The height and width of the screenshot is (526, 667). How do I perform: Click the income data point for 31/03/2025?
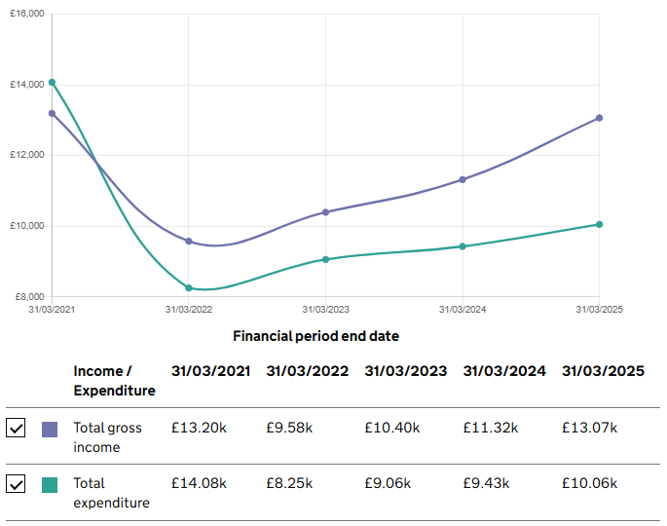click(x=599, y=118)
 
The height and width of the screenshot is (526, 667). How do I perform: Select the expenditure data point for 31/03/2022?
click(x=189, y=288)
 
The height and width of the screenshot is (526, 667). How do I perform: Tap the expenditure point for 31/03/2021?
click(x=52, y=83)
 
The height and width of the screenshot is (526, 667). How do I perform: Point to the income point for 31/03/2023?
click(x=325, y=211)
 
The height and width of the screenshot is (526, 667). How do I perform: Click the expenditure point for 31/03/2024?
click(x=463, y=246)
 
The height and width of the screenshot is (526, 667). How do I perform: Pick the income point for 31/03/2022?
click(x=189, y=242)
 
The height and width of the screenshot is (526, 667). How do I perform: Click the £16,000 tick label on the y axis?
click(x=27, y=14)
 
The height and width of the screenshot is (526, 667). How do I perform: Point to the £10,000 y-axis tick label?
click(x=27, y=226)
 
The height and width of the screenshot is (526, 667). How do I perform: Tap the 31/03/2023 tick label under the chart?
click(x=325, y=310)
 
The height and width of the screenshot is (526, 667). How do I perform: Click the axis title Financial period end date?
click(x=315, y=336)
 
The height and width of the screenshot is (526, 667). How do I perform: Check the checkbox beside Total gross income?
click(x=16, y=429)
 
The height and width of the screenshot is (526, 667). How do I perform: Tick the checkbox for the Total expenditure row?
click(x=16, y=484)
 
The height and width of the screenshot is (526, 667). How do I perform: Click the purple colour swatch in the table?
click(x=50, y=429)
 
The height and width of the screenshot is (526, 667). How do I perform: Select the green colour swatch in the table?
click(x=50, y=484)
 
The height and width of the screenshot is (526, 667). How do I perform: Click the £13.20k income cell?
click(x=199, y=429)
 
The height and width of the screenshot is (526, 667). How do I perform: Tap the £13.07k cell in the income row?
click(x=589, y=429)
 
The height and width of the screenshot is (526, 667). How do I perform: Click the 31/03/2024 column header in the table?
click(x=504, y=371)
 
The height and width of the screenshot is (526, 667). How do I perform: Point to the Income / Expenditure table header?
click(x=114, y=381)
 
